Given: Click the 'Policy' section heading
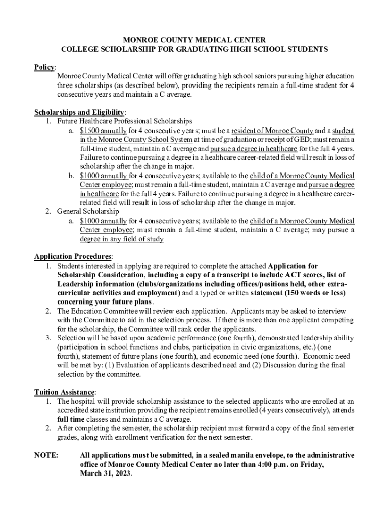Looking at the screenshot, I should (x=44, y=67).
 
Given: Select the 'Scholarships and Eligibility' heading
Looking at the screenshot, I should (x=79, y=112).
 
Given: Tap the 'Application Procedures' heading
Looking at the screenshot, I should (x=73, y=256).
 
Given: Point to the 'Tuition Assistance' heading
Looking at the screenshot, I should (x=64, y=392).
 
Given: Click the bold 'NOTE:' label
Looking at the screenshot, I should (x=46, y=455).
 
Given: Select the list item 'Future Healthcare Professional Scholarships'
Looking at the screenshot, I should (x=124, y=121).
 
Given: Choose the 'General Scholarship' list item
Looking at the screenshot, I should (x=88, y=211).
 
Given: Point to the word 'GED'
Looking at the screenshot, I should (x=261, y=139).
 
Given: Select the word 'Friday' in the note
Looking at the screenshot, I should (x=312, y=464).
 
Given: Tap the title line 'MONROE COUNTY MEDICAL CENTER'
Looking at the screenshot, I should (x=194, y=40).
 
